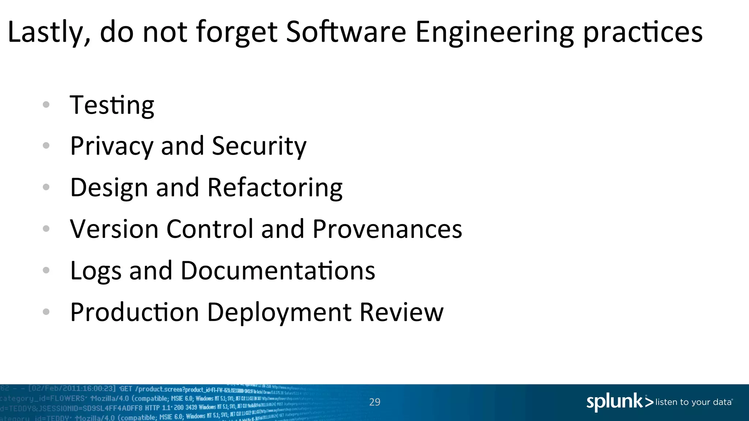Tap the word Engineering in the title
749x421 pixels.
click(495, 32)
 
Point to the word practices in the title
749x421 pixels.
click(643, 32)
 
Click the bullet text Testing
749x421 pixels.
click(112, 105)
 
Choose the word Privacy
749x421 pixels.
click(112, 146)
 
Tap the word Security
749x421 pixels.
click(259, 146)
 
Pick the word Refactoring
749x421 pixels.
click(275, 187)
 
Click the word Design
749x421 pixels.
click(109, 187)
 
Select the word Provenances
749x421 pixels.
click(387, 229)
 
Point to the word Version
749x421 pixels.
click(114, 229)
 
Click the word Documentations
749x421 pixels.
click(278, 271)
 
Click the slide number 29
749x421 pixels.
click(374, 402)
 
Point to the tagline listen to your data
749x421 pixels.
click(693, 402)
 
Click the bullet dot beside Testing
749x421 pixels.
click(46, 105)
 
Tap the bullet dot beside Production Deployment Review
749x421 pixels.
click(46, 312)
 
